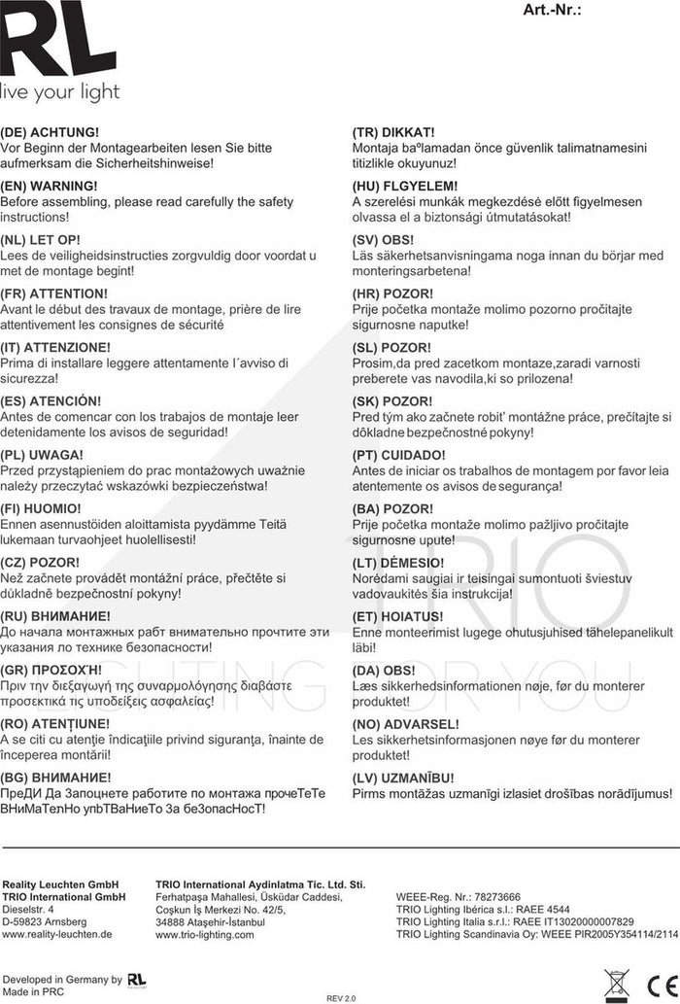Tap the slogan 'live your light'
(60, 92)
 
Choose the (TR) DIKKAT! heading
(392, 131)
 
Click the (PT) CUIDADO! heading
(399, 455)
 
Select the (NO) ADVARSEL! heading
(405, 724)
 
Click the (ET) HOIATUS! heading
(397, 617)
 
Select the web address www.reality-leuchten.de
(57, 934)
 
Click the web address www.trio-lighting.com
(204, 935)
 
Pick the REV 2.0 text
(342, 997)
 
